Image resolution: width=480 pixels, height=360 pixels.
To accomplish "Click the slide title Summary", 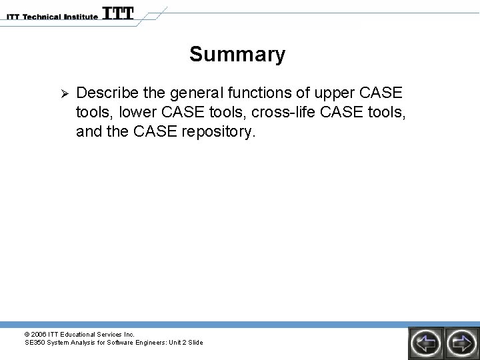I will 237,54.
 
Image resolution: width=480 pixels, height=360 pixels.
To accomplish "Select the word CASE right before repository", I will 154,131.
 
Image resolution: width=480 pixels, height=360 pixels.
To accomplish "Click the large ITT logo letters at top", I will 118,13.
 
